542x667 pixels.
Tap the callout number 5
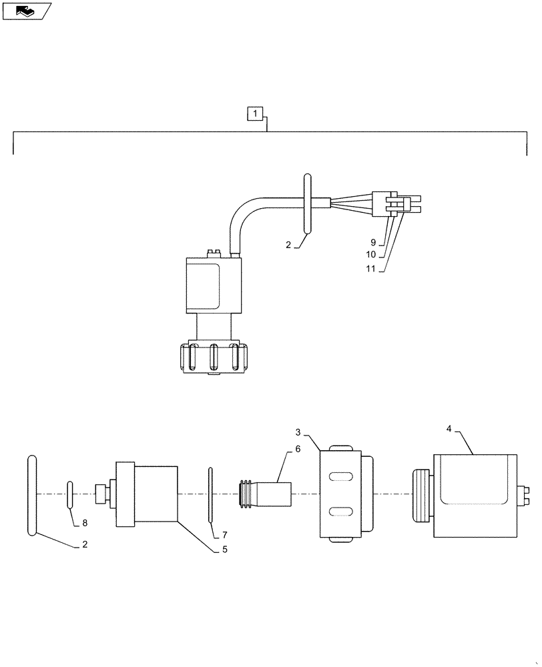pos(225,550)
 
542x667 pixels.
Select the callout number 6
pos(298,450)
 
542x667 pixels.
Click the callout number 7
pos(225,535)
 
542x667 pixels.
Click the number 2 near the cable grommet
pos(288,245)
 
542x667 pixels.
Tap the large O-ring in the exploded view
pos(31,494)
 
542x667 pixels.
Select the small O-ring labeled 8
pos(69,494)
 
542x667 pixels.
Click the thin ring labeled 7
pos(210,494)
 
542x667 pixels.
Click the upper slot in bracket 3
pos(341,476)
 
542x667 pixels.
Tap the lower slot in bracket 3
pos(341,512)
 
